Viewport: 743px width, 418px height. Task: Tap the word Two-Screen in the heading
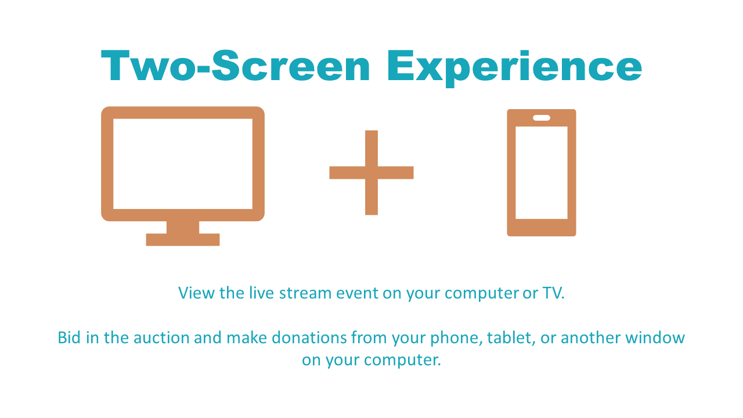tap(235, 65)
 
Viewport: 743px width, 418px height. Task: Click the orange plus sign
tap(371, 172)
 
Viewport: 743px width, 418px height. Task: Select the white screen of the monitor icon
tap(183, 164)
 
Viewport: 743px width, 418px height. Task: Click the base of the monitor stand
tap(183, 240)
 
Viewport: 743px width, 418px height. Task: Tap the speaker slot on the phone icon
tap(542, 118)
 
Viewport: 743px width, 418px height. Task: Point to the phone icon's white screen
tap(542, 172)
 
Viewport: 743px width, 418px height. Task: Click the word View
tap(196, 293)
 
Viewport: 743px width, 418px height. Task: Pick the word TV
tap(553, 293)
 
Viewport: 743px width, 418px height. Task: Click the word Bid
tap(69, 337)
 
